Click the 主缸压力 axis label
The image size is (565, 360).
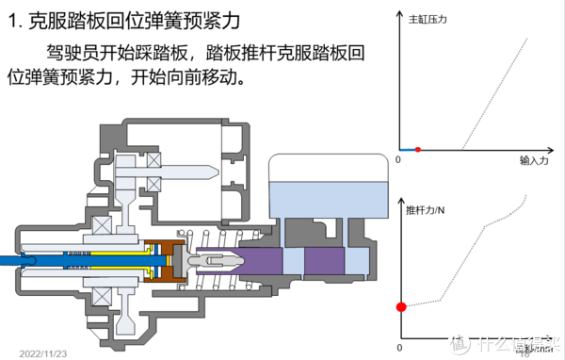(x=429, y=18)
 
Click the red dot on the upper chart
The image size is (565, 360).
(x=418, y=150)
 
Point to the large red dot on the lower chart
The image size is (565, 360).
(x=400, y=306)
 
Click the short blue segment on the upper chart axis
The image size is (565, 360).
(x=407, y=150)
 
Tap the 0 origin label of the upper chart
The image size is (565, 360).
(x=398, y=161)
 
